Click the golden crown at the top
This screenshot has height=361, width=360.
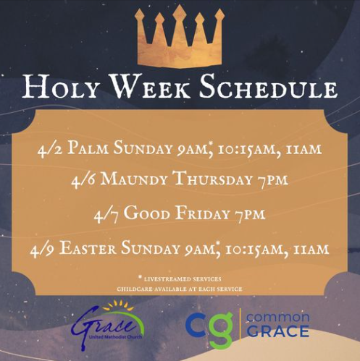pyautogui.click(x=180, y=38)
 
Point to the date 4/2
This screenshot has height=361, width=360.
pyautogui.click(x=50, y=150)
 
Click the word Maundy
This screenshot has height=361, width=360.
pyautogui.click(x=135, y=179)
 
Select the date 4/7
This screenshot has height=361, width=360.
pyautogui.click(x=106, y=215)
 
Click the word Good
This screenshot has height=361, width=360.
pyautogui.click(x=146, y=213)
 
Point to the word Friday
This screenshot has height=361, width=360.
pyautogui.click(x=202, y=213)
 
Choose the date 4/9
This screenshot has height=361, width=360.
pyautogui.click(x=43, y=250)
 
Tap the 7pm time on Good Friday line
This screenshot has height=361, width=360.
pyautogui.click(x=250, y=215)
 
